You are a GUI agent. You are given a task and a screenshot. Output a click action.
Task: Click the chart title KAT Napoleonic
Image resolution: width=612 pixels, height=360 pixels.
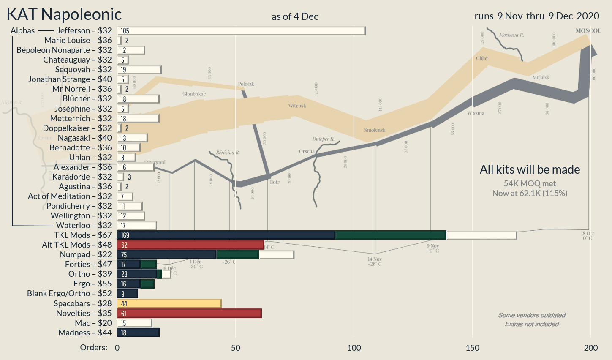coord(64,14)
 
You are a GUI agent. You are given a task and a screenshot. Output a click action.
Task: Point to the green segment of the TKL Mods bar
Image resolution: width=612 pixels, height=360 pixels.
coord(390,235)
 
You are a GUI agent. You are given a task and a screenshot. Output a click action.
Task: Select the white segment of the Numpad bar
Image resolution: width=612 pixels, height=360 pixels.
coord(276,255)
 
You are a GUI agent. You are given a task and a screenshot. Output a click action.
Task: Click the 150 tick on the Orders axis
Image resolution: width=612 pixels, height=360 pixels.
coord(472,348)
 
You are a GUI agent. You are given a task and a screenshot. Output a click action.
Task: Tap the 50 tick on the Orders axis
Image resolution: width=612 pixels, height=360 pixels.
coord(235,348)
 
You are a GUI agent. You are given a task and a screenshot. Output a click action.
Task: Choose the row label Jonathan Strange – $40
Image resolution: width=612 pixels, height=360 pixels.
coord(70,79)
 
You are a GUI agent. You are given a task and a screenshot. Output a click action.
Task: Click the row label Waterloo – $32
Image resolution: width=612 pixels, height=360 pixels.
coord(84,226)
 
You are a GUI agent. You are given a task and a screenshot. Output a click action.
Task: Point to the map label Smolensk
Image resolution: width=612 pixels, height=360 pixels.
coord(375,130)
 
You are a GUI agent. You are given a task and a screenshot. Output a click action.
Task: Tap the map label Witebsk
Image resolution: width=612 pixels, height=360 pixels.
coord(297,106)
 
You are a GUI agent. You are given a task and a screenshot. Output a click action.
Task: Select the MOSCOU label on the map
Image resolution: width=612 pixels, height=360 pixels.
coord(588,31)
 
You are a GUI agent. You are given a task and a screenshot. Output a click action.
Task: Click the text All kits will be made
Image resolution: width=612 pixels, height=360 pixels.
coord(530,170)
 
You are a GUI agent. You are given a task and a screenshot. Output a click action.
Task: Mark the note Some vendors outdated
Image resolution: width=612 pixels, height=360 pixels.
coord(531,315)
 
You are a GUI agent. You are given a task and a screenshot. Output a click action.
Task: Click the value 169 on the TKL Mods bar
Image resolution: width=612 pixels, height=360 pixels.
coord(125,235)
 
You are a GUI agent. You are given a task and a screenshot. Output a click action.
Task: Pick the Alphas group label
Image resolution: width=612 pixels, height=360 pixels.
coord(23,31)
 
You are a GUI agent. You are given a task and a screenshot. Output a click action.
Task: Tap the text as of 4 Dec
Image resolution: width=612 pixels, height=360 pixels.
coord(295,17)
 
